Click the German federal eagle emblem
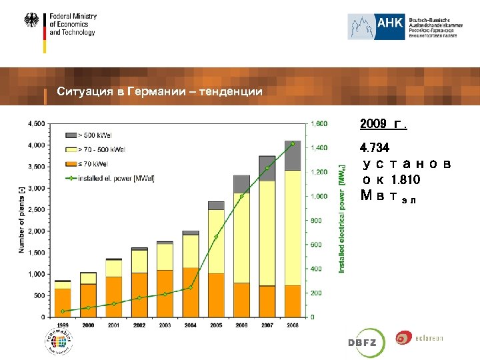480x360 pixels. coord(31,21)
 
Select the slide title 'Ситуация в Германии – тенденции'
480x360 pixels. coord(159,91)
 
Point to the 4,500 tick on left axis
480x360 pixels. coord(36,123)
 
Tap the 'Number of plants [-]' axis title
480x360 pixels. coord(21,219)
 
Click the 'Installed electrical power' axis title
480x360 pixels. coord(342,219)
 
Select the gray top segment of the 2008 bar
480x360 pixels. coord(292,155)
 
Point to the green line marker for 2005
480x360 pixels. coord(216,237)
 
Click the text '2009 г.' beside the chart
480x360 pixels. coord(383,125)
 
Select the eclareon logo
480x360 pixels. coord(419,339)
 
